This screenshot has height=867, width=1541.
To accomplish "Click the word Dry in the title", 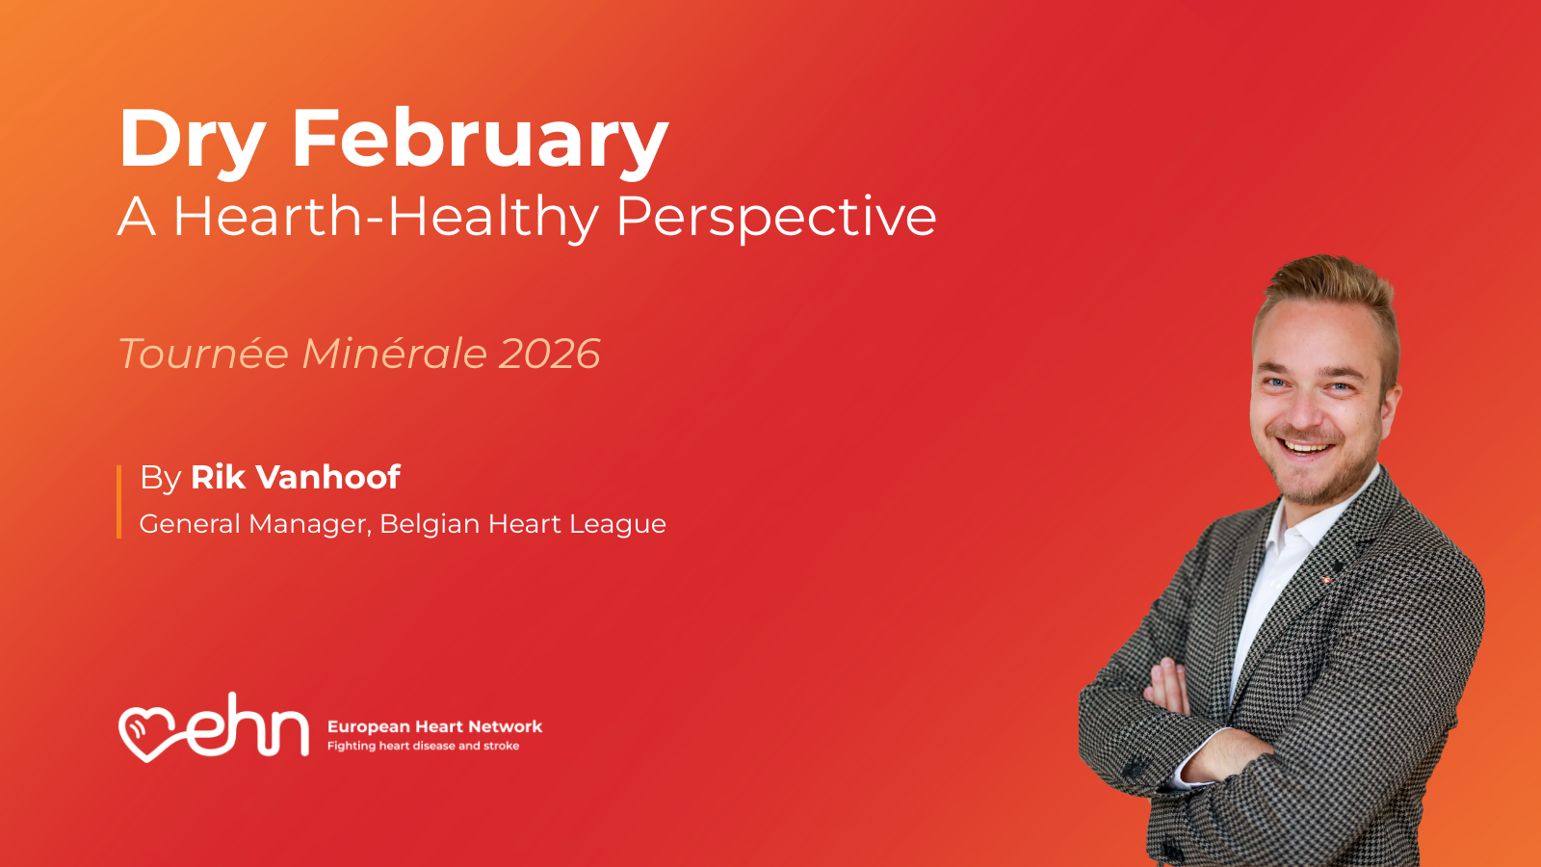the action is (x=193, y=141).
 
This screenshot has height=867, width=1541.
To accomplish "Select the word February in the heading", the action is (x=481, y=141).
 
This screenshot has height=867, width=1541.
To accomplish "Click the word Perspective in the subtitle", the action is (x=776, y=219).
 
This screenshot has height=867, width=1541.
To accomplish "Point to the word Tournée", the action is (x=203, y=354).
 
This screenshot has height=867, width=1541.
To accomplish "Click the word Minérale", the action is (x=394, y=354).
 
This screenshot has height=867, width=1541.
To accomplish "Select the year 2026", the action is (x=549, y=355).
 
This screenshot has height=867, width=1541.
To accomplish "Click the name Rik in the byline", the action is (x=218, y=478).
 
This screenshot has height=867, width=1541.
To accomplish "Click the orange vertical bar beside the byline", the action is (x=119, y=502).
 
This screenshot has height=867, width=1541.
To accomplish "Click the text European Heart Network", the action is (x=434, y=726).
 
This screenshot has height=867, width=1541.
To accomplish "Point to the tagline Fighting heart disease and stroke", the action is (x=423, y=746).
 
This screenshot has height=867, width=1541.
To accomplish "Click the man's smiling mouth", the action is (x=1305, y=448).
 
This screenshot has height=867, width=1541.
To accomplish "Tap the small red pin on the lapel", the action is (x=1326, y=581).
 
